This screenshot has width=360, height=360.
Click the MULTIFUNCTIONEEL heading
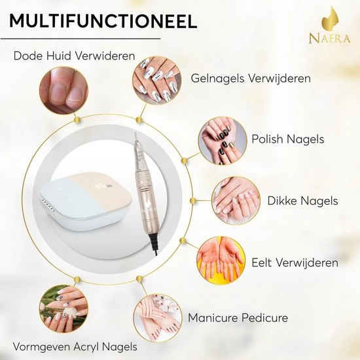(x=103, y=21)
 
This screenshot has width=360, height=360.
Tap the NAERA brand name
(x=329, y=39)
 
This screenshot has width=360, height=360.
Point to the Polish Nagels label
(x=287, y=139)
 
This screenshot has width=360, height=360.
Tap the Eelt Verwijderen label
(x=295, y=262)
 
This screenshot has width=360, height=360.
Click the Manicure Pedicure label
(x=238, y=318)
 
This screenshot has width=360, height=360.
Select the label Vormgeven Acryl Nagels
(x=75, y=346)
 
